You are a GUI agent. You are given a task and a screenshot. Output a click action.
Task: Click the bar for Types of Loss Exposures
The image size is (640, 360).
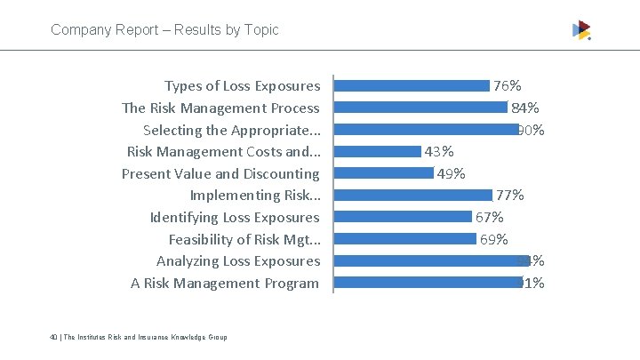point(412,86)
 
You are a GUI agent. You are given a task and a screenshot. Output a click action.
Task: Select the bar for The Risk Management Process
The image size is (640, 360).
point(420,108)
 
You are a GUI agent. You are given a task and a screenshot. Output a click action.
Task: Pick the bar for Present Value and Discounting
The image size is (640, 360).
point(384,173)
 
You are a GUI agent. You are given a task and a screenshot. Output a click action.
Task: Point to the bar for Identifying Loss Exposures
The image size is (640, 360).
point(403,217)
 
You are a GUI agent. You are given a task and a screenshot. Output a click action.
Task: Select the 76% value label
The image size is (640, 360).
point(508,86)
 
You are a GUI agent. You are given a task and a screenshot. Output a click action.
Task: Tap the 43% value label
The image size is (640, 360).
point(439,151)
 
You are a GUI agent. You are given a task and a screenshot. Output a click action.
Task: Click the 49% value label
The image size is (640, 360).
point(452,173)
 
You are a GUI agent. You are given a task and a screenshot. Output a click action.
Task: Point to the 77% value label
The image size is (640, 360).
point(509,195)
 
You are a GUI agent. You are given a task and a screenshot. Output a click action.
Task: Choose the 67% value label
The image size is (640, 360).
point(490,217)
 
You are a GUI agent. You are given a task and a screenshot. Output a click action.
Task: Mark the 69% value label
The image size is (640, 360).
point(494,239)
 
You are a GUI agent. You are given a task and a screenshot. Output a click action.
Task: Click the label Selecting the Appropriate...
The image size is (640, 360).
point(231,130)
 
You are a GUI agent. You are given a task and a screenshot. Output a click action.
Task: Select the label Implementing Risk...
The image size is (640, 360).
point(255,196)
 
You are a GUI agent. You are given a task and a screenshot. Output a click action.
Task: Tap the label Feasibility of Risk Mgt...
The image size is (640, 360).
point(244,239)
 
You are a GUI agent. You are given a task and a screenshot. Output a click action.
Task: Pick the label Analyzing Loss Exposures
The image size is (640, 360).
point(238,260)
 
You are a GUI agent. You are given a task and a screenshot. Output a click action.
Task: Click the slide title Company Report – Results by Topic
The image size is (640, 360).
point(164,29)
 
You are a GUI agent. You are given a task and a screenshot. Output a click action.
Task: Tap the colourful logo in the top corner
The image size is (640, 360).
point(581,30)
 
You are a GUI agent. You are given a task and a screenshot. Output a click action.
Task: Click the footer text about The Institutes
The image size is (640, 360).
point(139,337)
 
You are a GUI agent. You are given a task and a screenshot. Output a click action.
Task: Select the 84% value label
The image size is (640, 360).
point(524,108)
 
